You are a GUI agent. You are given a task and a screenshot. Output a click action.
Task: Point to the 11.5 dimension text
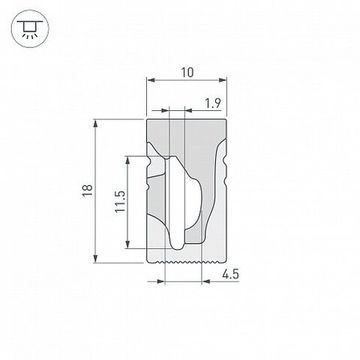(118, 201)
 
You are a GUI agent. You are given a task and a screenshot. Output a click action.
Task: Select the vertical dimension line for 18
(96, 190)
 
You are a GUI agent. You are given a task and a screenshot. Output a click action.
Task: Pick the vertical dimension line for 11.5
(129, 200)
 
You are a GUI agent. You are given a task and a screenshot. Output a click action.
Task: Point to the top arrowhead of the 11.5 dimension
(129, 158)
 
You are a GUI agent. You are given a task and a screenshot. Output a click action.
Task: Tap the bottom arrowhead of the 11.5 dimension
(129, 243)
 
